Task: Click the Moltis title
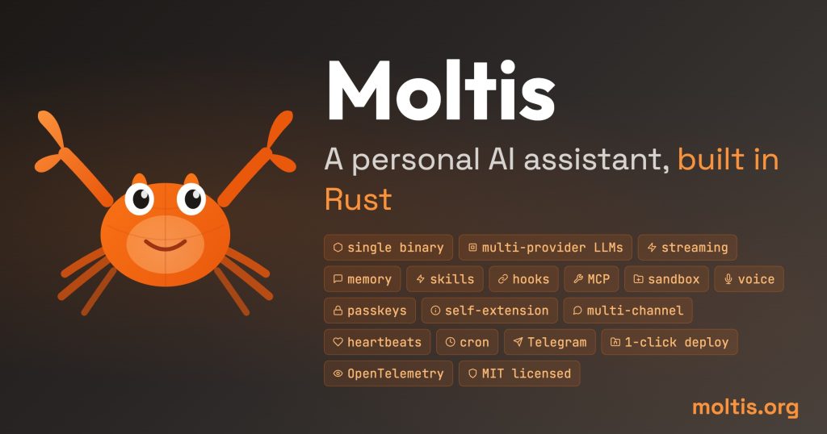[440, 91]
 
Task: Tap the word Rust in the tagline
[358, 198]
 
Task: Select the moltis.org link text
[745, 407]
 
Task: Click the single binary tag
[388, 248]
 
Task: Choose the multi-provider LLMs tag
[545, 248]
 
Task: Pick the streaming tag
[687, 248]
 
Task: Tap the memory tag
[362, 279]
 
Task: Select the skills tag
[445, 279]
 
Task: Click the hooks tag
[523, 279]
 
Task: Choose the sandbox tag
[667, 279]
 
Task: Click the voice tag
[749, 279]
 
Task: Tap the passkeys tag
[371, 311]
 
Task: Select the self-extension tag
[490, 311]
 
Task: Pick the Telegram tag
[550, 342]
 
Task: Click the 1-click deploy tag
[670, 342]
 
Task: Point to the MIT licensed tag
[519, 373]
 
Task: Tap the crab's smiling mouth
[166, 243]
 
